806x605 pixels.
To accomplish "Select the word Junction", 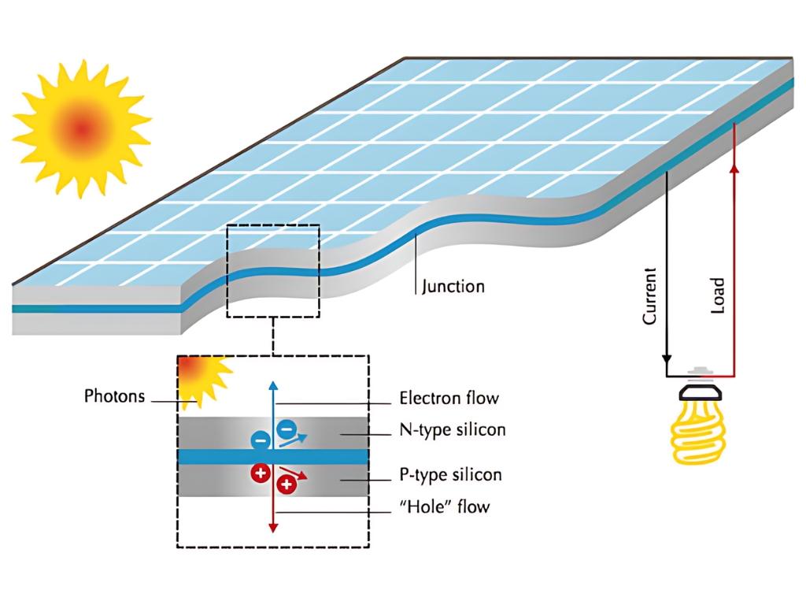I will [453, 286].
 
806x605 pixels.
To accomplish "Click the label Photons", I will [115, 396].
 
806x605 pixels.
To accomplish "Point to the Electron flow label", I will [449, 399].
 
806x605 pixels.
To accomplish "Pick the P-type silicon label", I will [450, 475].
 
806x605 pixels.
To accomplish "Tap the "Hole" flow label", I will [445, 506].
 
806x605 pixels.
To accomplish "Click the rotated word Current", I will [650, 296].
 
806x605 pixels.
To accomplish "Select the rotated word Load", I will [717, 296].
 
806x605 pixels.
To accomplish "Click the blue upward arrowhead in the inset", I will [273, 386].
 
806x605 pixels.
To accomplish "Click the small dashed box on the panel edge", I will [273, 271].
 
